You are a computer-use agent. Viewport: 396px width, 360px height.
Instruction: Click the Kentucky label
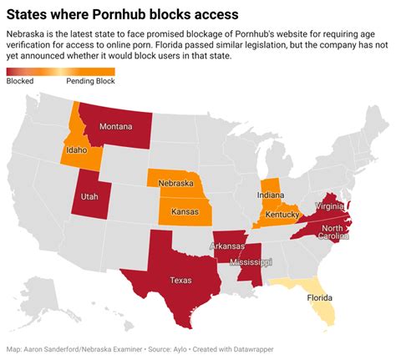pyautogui.click(x=283, y=215)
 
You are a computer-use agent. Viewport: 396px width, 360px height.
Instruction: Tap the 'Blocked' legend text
pyautogui.click(x=19, y=81)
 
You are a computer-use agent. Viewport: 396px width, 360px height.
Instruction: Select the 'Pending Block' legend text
pyautogui.click(x=90, y=81)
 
